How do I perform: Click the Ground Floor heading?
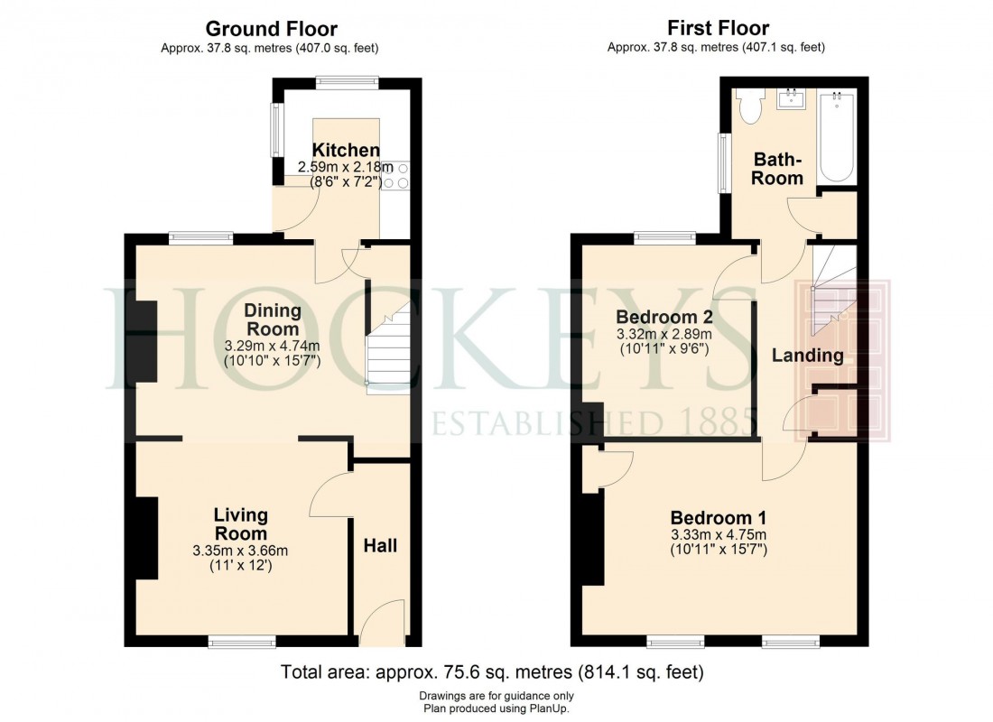pos(272,29)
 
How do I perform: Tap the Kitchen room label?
pos(346,150)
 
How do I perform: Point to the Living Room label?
pos(240,523)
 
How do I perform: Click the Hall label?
pos(380,545)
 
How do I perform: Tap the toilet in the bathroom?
pos(748,107)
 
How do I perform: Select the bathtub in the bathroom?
pos(836,135)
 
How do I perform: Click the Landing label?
pos(807,356)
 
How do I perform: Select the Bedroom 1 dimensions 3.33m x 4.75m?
pos(719,534)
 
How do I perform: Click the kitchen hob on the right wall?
pos(396,176)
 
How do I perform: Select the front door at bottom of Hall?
pos(383,625)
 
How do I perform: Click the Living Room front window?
pos(242,642)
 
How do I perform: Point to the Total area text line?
pos(492,672)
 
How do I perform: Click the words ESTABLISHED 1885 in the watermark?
pos(592,421)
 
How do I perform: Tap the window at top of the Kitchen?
pos(347,83)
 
